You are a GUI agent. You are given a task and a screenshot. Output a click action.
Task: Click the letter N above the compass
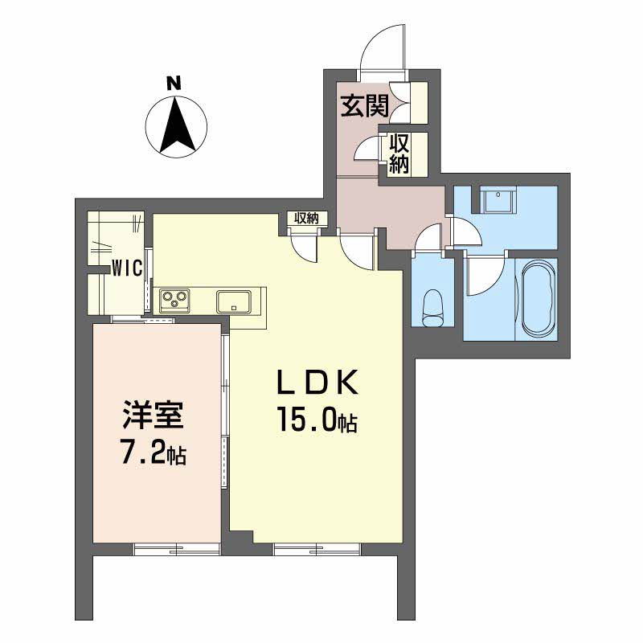(172, 82)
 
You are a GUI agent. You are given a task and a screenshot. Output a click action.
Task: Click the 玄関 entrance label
(364, 105)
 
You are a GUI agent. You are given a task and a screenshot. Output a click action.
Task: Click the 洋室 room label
(154, 419)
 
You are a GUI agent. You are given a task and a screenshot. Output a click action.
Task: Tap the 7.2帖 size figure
(154, 455)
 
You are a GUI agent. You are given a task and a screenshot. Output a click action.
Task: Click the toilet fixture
(432, 306)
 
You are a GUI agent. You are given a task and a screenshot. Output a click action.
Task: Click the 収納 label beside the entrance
(400, 154)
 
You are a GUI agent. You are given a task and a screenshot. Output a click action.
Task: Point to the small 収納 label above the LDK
(305, 218)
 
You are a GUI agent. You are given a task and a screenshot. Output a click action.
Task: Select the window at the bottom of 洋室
(176, 549)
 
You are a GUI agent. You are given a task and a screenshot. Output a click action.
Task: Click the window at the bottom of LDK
(316, 549)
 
